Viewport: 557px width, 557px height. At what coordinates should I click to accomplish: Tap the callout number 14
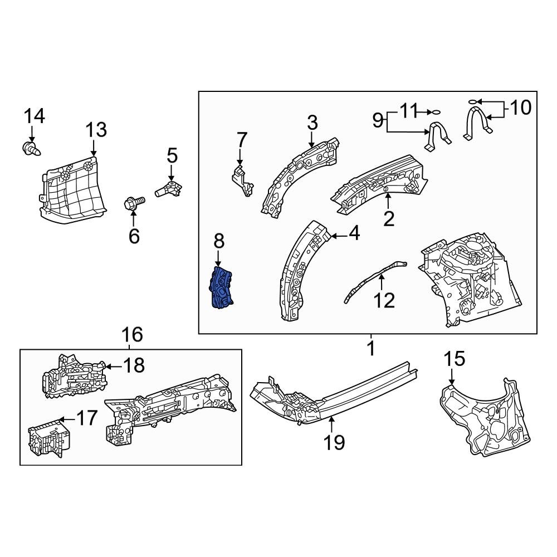click(x=34, y=116)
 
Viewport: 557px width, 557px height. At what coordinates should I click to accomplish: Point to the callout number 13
click(x=96, y=130)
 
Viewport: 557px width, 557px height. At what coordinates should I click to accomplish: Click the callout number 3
click(x=312, y=122)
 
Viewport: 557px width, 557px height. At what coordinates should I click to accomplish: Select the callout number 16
click(x=133, y=335)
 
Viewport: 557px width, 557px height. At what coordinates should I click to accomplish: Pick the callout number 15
click(x=455, y=359)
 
